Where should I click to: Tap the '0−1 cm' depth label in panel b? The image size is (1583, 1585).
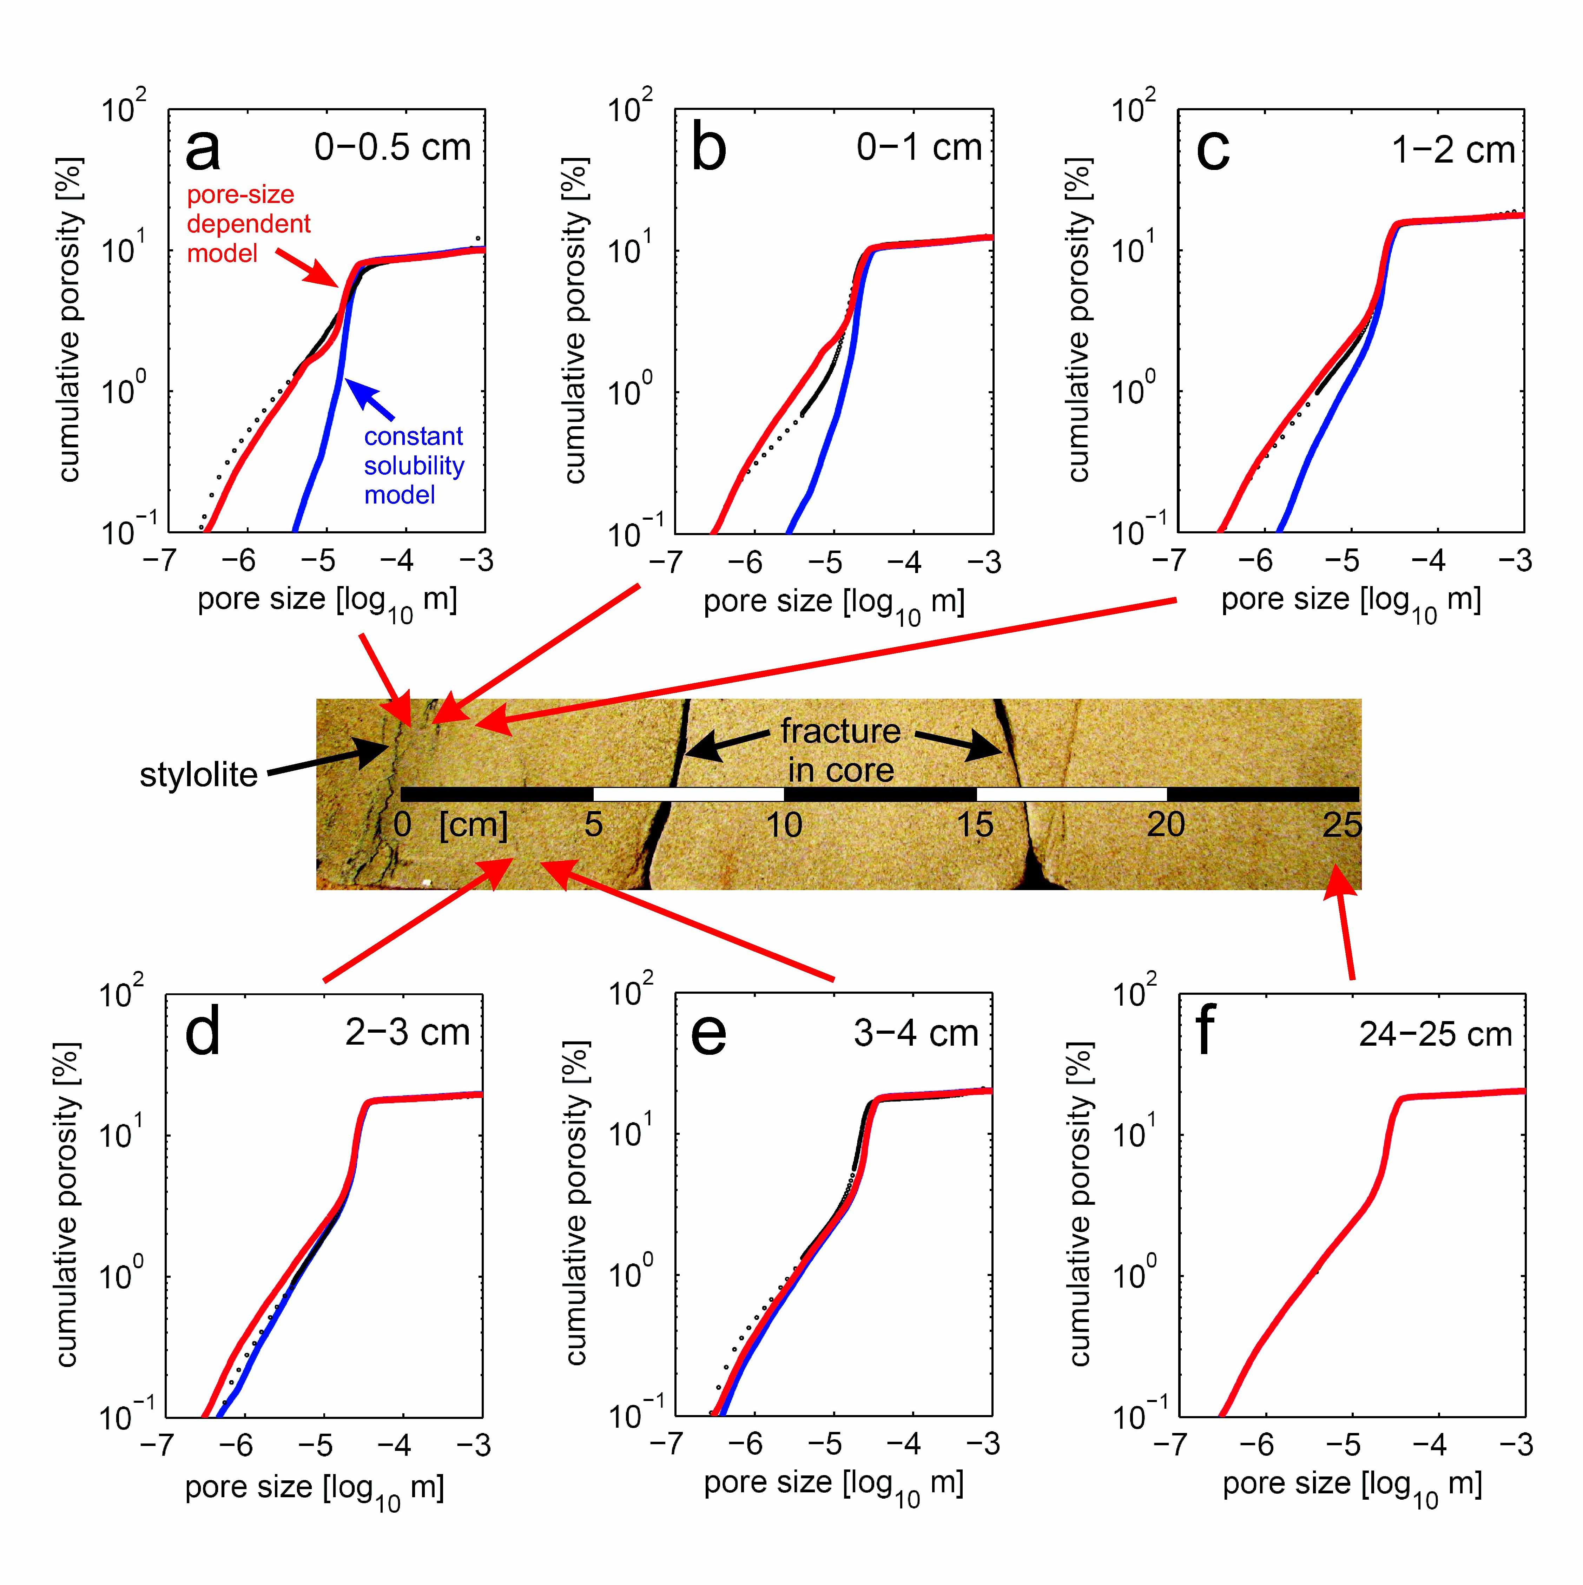[x=919, y=148]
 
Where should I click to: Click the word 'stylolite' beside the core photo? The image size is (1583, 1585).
[x=198, y=775]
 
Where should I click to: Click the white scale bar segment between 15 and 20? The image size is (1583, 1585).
[x=1071, y=794]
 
